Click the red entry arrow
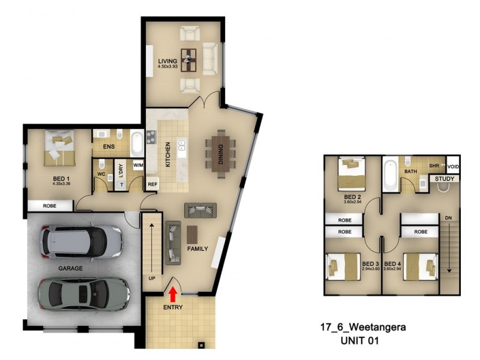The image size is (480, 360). click(x=173, y=293)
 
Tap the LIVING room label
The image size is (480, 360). click(x=167, y=61)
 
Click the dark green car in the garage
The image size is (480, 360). click(x=83, y=293)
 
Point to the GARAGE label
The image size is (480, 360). click(x=70, y=268)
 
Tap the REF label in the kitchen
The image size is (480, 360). click(x=152, y=185)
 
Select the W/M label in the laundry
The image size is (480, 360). click(x=138, y=164)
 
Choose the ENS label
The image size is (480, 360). click(x=109, y=146)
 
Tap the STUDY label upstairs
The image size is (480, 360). click(x=445, y=178)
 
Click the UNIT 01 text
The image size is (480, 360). click(x=361, y=340)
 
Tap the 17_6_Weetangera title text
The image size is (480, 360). click(x=362, y=328)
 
